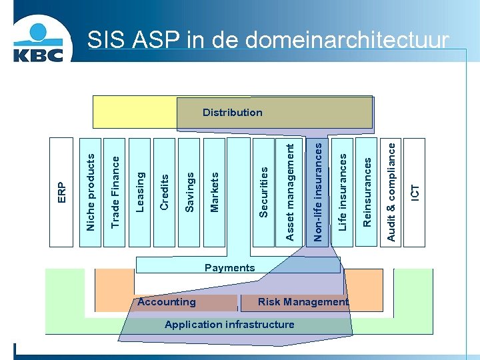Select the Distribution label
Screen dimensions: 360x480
point(233,112)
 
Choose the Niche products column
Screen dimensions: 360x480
point(91,192)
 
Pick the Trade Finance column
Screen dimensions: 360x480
point(115,191)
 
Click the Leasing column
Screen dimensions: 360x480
point(140,191)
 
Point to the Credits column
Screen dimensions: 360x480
point(165,191)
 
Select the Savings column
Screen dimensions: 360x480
point(189,192)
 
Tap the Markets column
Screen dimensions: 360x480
point(214,192)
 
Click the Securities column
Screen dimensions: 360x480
point(264,192)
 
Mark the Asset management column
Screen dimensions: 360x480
point(289,191)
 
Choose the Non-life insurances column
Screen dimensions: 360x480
point(318,191)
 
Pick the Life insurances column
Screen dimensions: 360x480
point(342,192)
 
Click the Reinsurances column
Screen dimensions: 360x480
point(366,192)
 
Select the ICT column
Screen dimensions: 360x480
point(415,192)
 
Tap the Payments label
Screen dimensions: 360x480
point(229,268)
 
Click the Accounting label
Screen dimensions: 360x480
point(167,302)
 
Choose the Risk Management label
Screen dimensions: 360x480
point(303,302)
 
